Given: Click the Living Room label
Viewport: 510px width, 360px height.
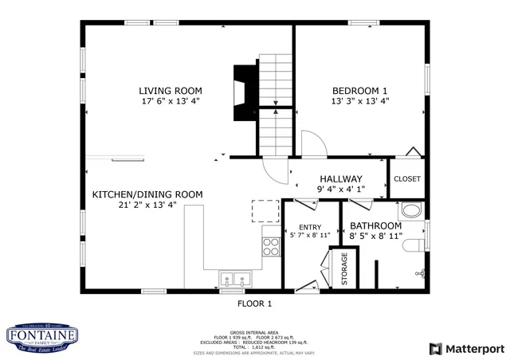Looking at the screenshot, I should tap(171, 91).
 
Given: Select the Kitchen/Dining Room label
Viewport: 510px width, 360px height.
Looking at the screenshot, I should tap(147, 194).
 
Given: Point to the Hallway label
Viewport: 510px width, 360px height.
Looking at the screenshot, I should tap(341, 179).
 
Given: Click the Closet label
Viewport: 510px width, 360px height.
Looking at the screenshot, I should tap(407, 179).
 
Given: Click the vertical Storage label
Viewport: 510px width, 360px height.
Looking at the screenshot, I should tap(344, 268).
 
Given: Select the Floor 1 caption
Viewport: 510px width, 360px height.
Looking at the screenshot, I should tap(255, 303).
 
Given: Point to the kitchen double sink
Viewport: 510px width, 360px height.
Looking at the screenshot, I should tap(236, 280).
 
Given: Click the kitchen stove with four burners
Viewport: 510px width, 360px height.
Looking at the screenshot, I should tap(272, 246).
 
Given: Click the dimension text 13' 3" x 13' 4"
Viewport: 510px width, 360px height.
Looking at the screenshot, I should tap(359, 101).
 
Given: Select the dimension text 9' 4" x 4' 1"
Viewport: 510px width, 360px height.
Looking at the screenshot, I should tap(341, 190).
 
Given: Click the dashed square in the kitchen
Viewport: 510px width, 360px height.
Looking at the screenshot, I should tap(265, 211).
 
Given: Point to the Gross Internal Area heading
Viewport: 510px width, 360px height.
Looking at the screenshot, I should tap(255, 332).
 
